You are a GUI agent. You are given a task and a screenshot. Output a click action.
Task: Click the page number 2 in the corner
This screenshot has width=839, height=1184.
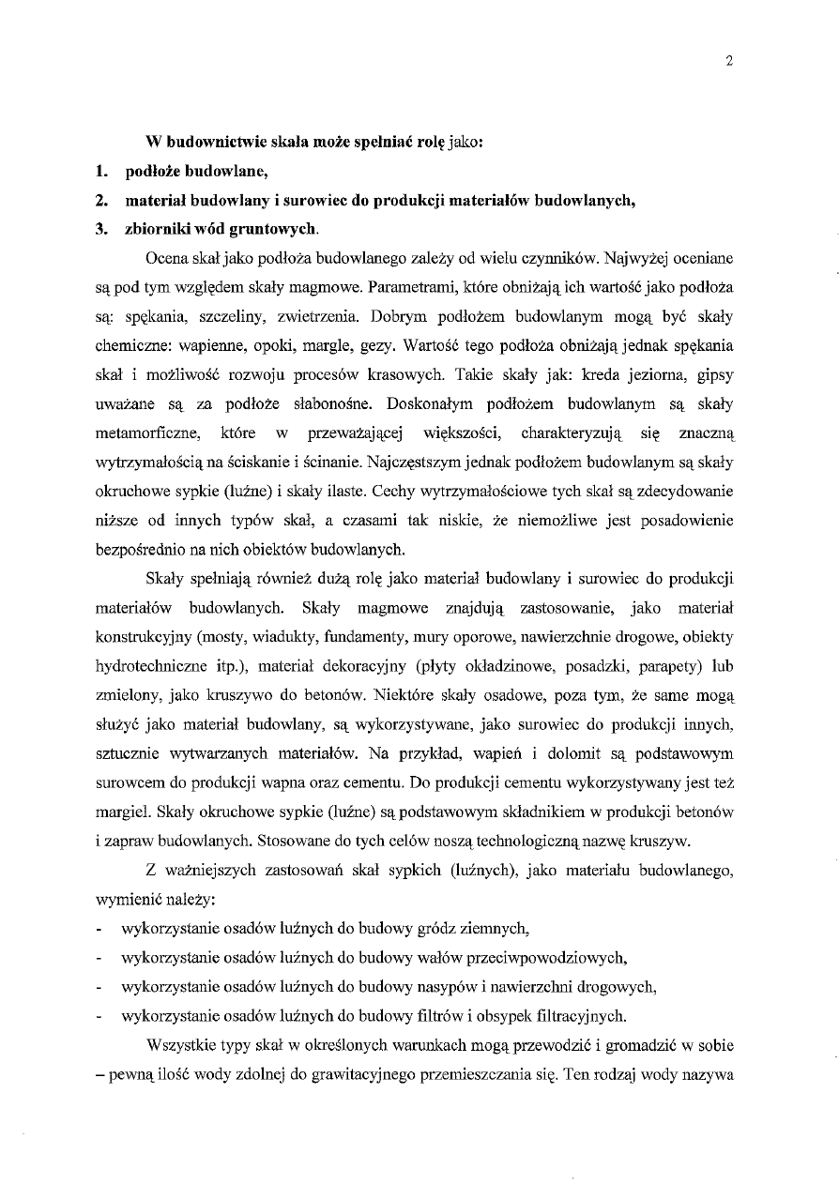coord(728,62)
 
